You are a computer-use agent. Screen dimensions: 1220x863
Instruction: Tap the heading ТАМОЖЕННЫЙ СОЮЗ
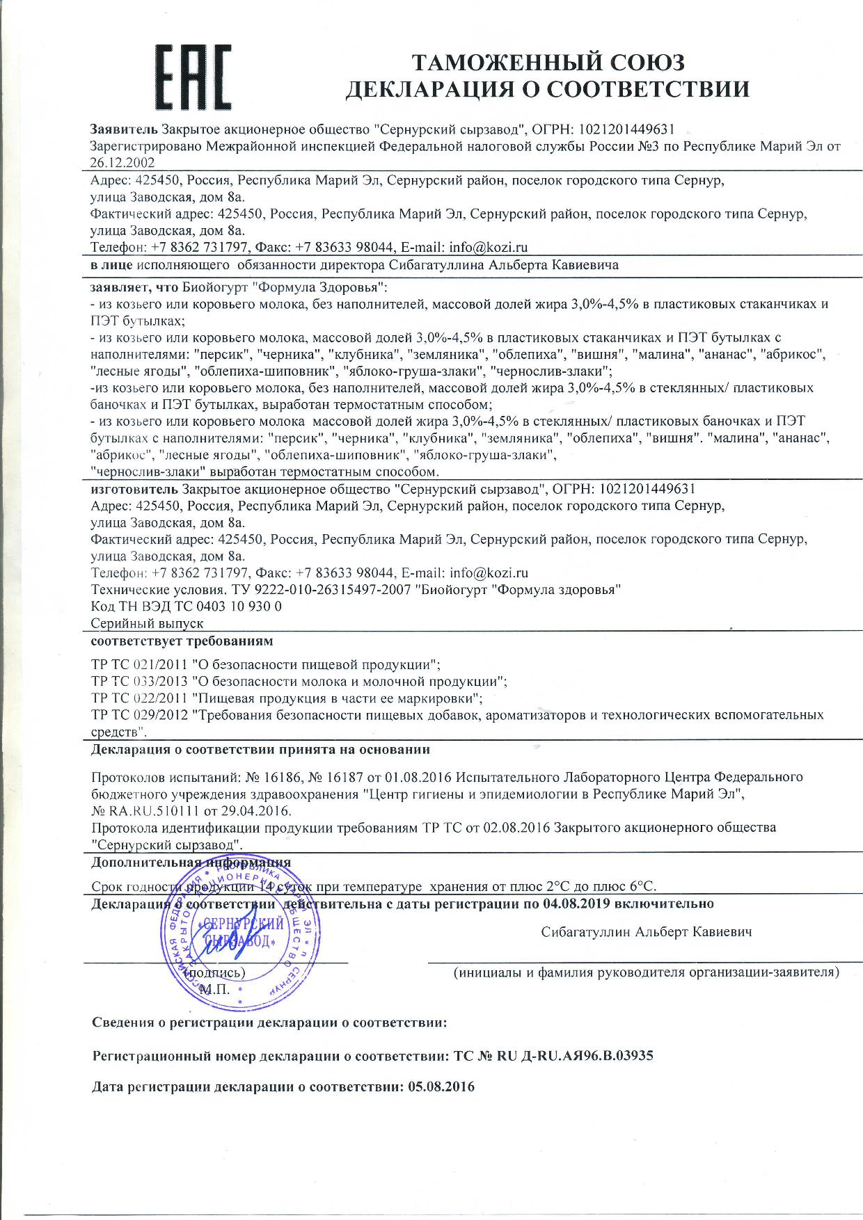point(548,62)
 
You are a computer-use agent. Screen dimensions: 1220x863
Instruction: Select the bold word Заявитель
point(125,129)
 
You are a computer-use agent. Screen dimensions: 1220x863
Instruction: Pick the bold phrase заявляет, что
point(136,287)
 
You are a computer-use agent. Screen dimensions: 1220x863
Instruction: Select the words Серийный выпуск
point(147,623)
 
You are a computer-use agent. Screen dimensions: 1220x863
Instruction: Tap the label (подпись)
point(216,972)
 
